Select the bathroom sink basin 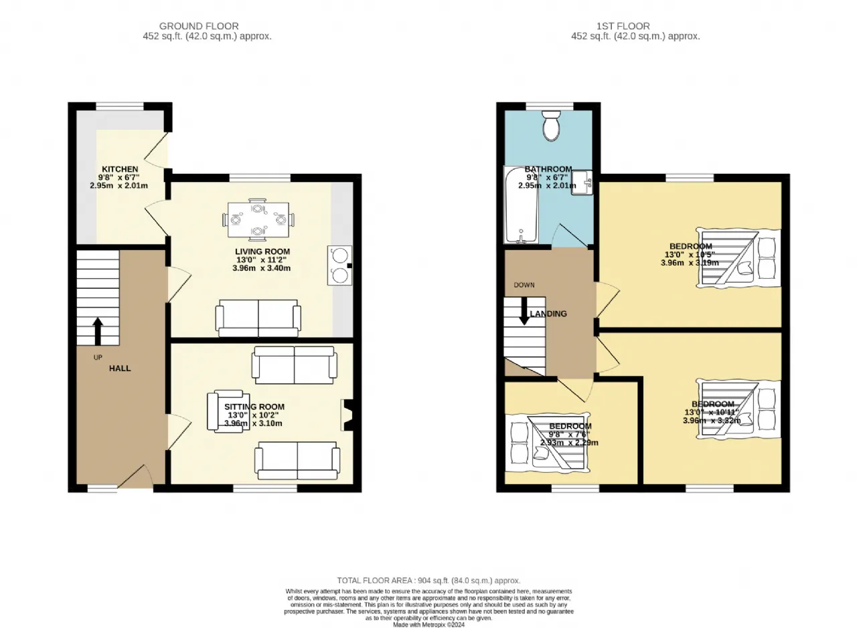point(581,182)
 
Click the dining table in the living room point(257,218)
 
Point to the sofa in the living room point(258,319)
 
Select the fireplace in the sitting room point(347,415)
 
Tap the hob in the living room point(339,266)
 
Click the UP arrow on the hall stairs point(98,330)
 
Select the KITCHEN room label point(120,169)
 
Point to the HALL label point(120,369)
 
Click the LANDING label point(548,314)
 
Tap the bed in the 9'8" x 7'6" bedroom point(550,443)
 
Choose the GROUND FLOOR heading point(207,26)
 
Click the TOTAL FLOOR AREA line point(428,581)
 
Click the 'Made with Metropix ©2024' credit point(428,625)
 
